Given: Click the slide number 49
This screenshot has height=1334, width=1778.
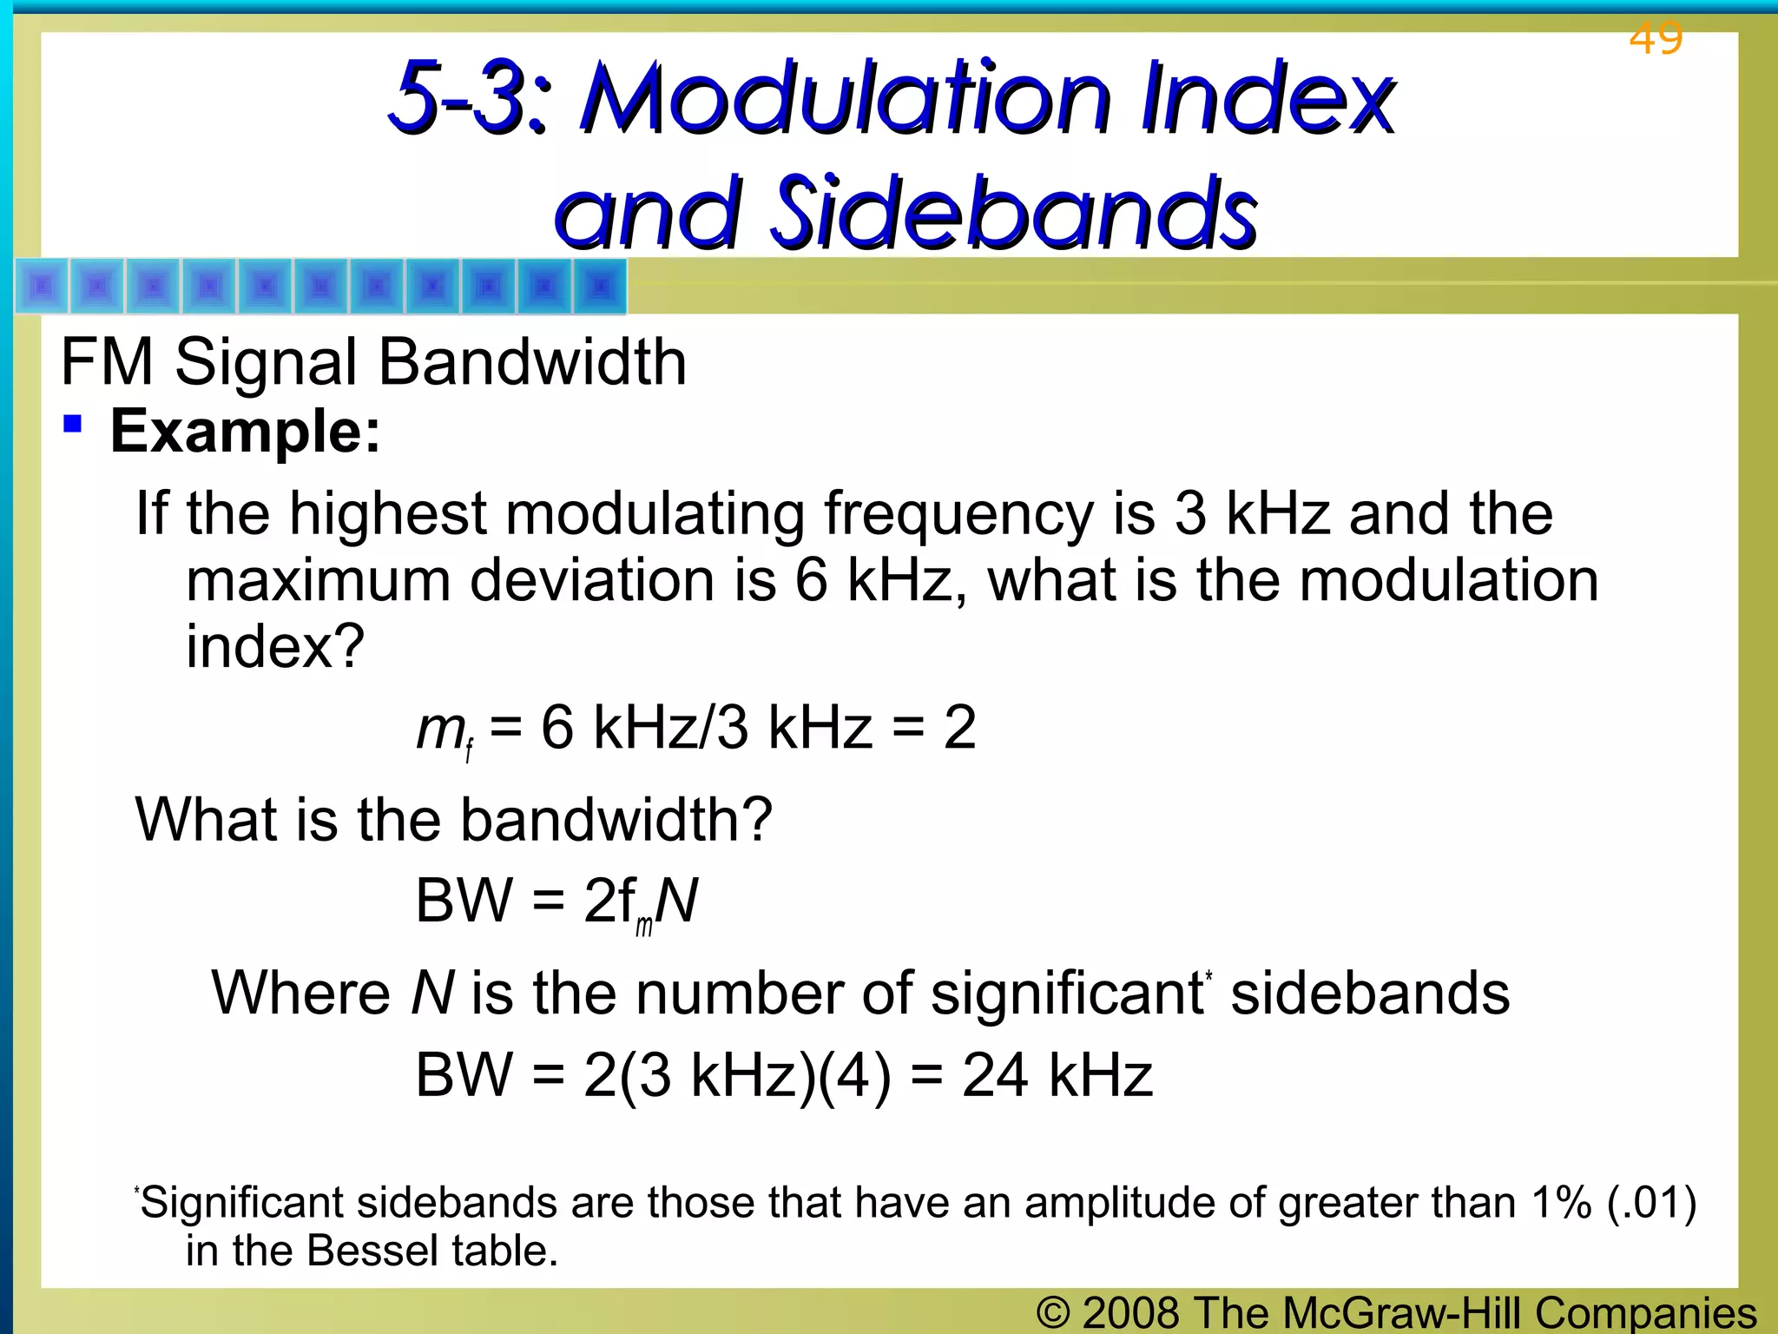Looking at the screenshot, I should click(x=1656, y=38).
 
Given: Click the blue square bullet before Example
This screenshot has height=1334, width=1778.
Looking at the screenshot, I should click(x=73, y=425).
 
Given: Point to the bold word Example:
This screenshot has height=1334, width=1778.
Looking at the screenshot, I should click(x=246, y=432).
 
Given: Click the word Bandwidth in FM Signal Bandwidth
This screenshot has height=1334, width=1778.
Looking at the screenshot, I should click(x=532, y=362).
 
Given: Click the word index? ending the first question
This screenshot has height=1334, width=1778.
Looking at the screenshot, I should click(x=275, y=647).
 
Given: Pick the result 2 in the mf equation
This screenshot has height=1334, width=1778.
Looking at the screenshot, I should click(x=959, y=728).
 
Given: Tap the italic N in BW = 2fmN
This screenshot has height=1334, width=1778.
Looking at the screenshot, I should click(x=677, y=901).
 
